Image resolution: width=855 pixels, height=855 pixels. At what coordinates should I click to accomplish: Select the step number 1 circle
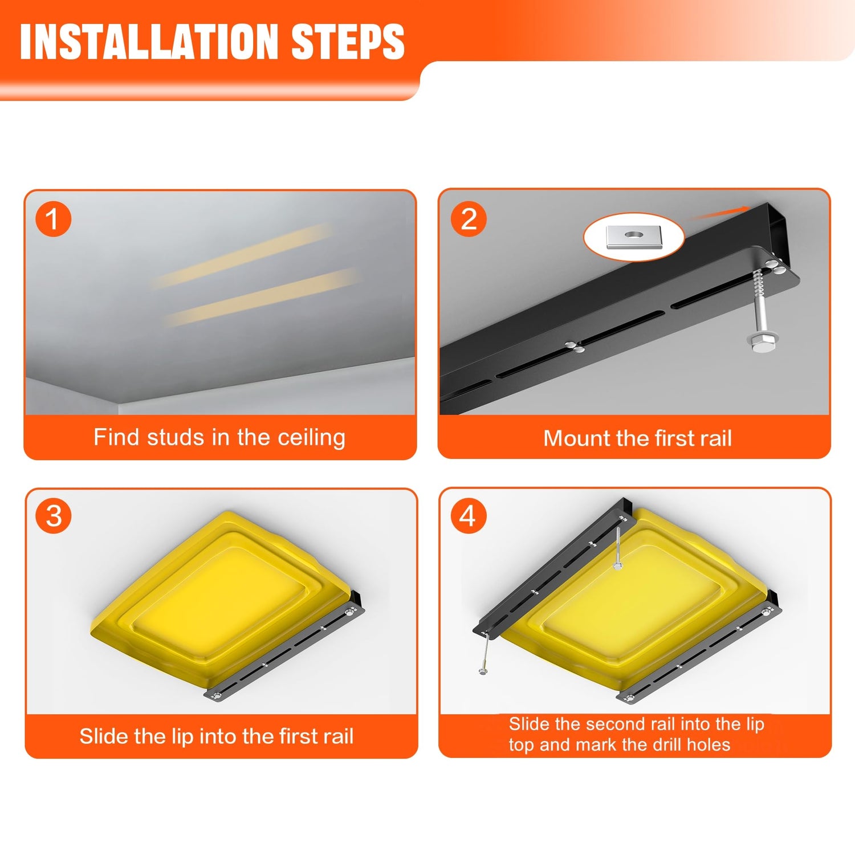pyautogui.click(x=53, y=219)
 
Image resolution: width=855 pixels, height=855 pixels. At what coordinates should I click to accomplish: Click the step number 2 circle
pyautogui.click(x=469, y=219)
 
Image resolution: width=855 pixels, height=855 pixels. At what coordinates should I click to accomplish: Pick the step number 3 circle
pyautogui.click(x=54, y=516)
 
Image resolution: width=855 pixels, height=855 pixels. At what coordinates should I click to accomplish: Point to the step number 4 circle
pyautogui.click(x=469, y=516)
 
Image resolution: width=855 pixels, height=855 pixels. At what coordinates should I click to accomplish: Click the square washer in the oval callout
pyautogui.click(x=633, y=237)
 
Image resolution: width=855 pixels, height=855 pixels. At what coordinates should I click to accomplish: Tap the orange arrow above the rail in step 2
pyautogui.click(x=719, y=213)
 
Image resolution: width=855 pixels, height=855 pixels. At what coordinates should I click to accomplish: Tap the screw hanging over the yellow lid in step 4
pyautogui.click(x=617, y=548)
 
